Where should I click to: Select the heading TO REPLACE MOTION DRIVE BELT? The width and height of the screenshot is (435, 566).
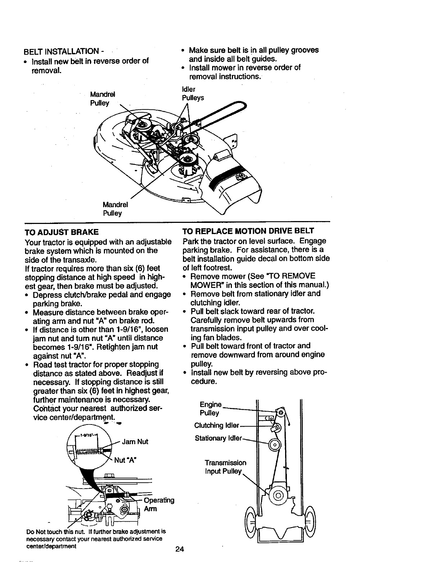(x=248, y=231)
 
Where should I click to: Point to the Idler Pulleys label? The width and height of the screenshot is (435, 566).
(x=193, y=94)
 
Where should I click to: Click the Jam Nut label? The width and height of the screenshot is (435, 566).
(x=135, y=441)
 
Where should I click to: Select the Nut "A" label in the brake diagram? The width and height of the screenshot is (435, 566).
(x=126, y=460)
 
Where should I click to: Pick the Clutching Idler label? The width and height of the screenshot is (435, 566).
(x=216, y=426)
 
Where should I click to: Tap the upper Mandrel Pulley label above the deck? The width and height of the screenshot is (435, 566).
(x=102, y=99)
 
